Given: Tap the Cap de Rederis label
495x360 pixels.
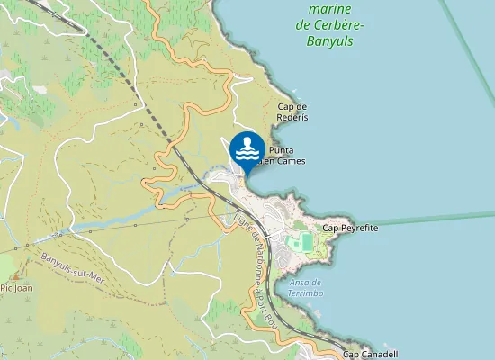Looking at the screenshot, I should [x=292, y=112].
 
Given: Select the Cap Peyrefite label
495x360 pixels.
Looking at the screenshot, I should [x=350, y=229].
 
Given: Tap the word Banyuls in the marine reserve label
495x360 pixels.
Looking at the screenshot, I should [x=330, y=41].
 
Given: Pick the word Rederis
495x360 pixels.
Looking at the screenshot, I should [x=294, y=117].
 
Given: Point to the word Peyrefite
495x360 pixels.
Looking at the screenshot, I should [x=358, y=229].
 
